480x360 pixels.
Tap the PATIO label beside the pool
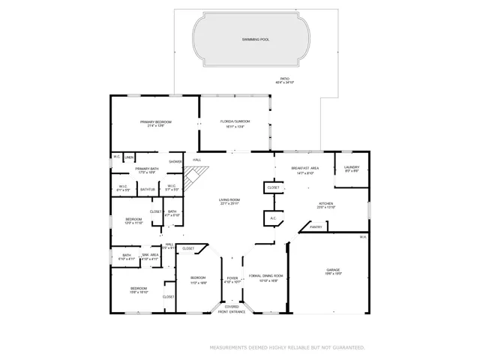[285, 79]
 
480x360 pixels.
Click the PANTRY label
[316, 226]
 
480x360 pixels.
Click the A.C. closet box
[272, 218]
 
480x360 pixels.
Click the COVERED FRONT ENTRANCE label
[232, 310]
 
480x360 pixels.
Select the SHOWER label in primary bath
[175, 161]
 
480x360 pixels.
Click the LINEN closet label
[129, 157]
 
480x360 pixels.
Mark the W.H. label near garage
[362, 238]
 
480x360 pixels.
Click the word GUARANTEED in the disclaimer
[347, 348]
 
